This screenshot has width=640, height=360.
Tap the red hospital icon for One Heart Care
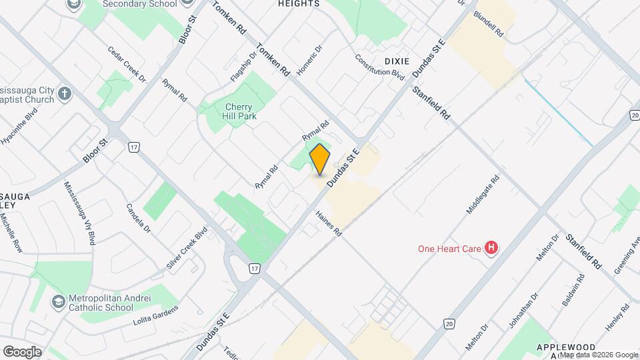(x=492, y=249)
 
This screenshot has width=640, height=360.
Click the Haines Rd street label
(x=329, y=225)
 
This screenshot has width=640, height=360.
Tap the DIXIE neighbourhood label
(x=397, y=61)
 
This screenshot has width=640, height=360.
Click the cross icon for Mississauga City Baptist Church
(x=65, y=93)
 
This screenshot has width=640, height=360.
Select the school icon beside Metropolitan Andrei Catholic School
(x=59, y=302)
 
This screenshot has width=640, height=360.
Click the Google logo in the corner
(x=22, y=352)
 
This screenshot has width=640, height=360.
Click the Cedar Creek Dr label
(x=126, y=65)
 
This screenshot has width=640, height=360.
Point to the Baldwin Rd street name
(x=573, y=289)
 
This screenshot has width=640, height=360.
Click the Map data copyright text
(x=599, y=354)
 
